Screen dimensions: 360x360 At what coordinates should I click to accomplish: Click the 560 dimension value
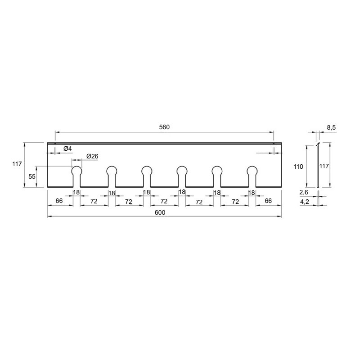pyautogui.click(x=164, y=127)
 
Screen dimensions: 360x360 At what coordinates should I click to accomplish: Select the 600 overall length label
pyautogui.click(x=160, y=212)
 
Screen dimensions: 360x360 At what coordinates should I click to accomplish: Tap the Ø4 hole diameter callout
pyautogui.click(x=67, y=149)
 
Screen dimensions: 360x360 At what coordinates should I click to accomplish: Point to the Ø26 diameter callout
pyautogui.click(x=92, y=156)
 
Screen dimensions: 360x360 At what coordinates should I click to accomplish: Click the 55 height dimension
pyautogui.click(x=32, y=176)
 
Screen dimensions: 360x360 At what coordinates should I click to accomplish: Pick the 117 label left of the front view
pyautogui.click(x=17, y=164)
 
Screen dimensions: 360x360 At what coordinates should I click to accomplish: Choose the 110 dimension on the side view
pyautogui.click(x=298, y=166)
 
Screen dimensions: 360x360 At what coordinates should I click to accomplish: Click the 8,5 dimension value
pyautogui.click(x=331, y=128)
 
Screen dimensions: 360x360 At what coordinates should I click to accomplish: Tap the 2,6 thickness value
pyautogui.click(x=304, y=193)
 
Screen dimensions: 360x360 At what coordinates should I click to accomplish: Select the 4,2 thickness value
pyautogui.click(x=305, y=202)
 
